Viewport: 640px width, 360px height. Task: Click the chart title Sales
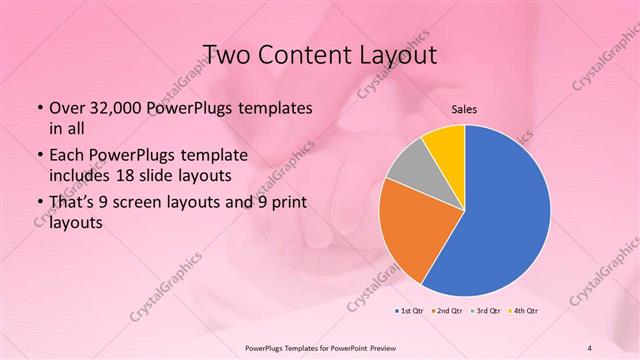(x=465, y=109)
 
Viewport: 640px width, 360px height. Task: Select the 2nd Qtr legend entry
(x=447, y=311)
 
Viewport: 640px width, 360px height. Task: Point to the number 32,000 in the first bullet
(x=111, y=107)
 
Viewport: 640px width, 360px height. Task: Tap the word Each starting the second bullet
(x=67, y=155)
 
